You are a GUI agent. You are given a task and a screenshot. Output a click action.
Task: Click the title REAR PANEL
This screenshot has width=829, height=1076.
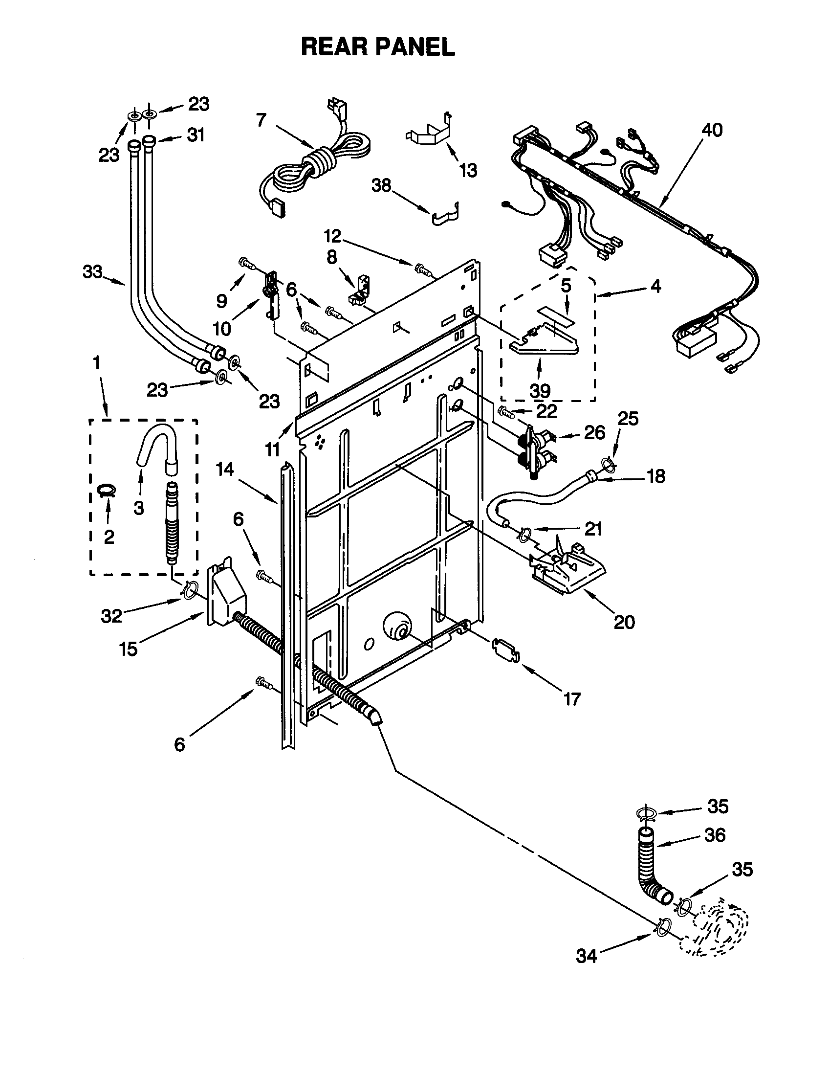[x=377, y=47]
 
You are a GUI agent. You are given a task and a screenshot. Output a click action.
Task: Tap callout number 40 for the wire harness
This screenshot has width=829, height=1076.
[x=712, y=130]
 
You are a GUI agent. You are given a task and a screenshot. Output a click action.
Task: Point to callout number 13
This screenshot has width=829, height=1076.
[x=468, y=171]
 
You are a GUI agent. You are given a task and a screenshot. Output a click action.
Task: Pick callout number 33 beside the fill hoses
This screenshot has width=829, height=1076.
[x=92, y=271]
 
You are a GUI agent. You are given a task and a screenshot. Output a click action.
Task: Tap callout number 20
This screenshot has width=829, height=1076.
[x=624, y=622]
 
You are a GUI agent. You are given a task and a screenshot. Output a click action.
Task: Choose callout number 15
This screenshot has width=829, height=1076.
[x=128, y=649]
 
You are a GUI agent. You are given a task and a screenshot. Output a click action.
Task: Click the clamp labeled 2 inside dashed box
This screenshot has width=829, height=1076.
[x=107, y=490]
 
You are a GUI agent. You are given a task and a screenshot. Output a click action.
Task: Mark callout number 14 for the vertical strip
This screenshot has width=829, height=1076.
[x=225, y=470]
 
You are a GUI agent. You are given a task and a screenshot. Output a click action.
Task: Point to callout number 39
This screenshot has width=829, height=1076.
[x=540, y=391]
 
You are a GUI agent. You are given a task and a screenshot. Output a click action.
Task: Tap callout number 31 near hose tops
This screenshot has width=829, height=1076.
[x=196, y=135]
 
